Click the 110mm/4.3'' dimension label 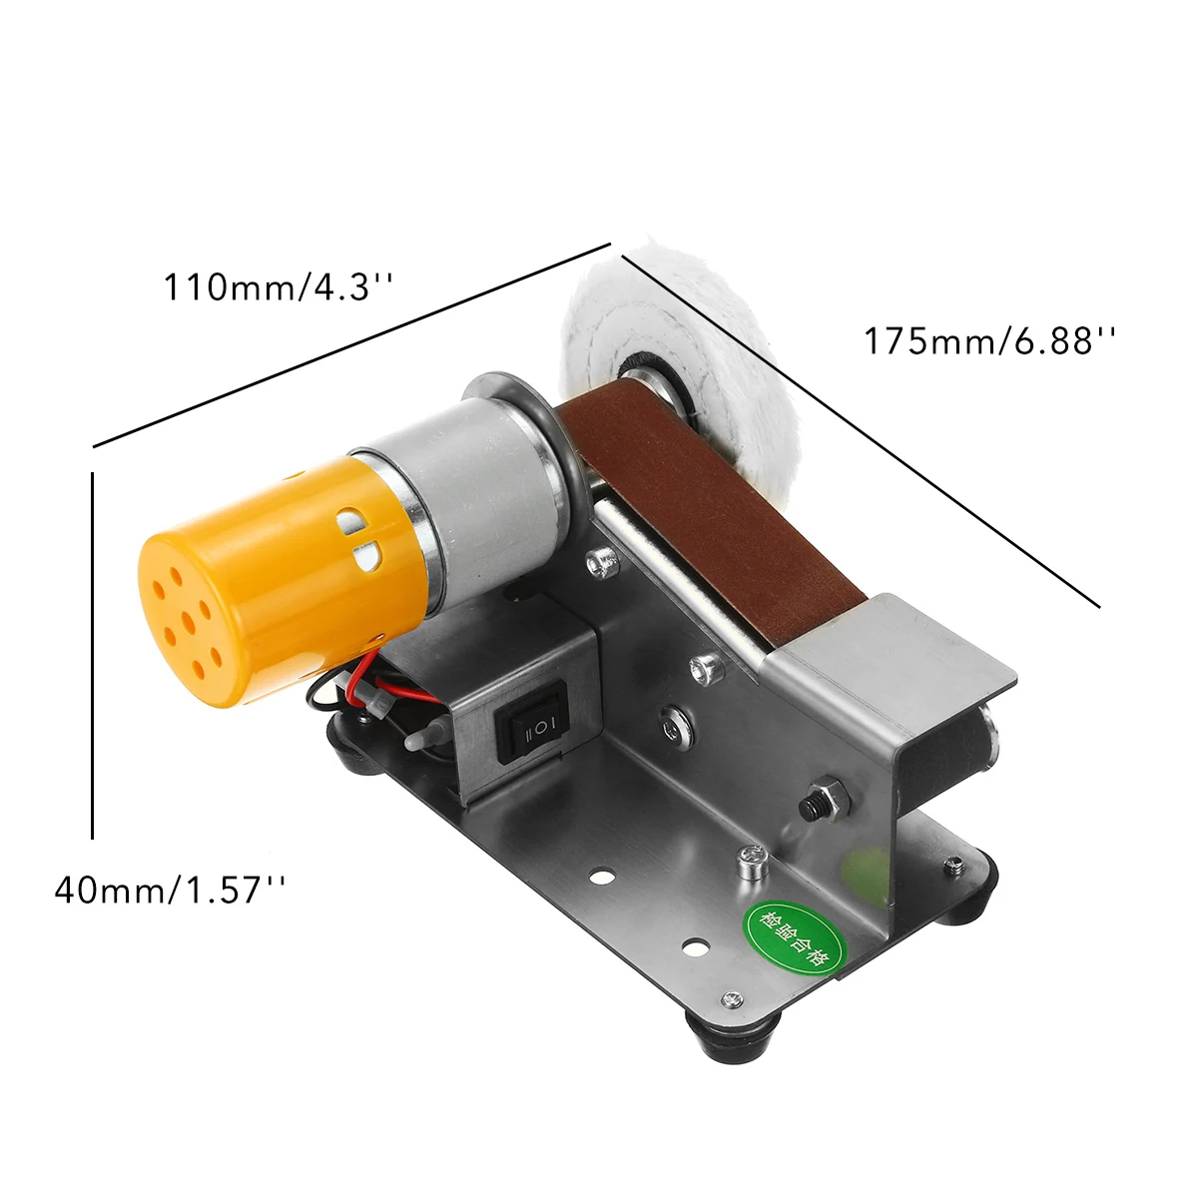click(x=278, y=288)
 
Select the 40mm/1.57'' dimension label click(x=170, y=890)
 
